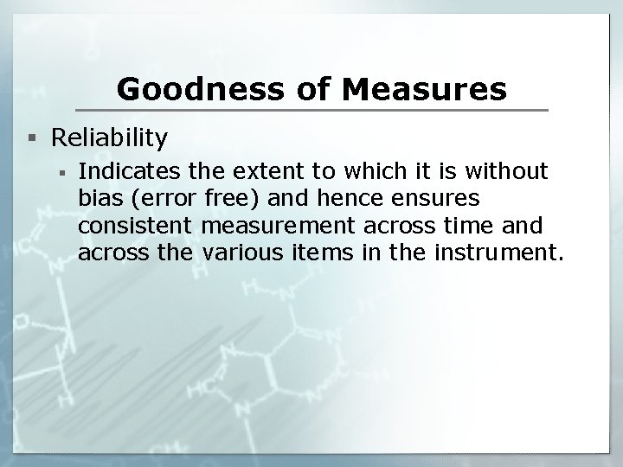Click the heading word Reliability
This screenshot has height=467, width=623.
pyautogui.click(x=110, y=138)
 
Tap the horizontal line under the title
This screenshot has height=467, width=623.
pyautogui.click(x=311, y=110)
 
